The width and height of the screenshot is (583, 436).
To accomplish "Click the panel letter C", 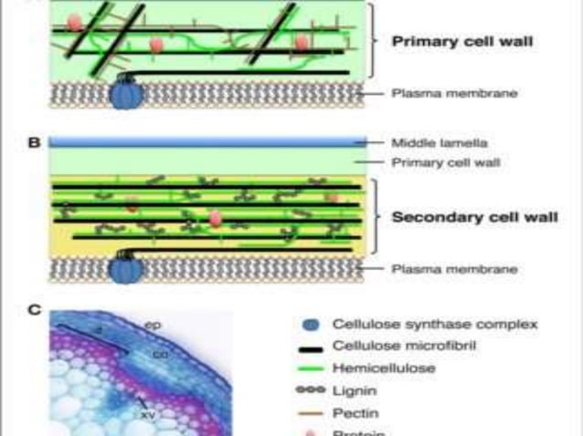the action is tap(34, 310).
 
